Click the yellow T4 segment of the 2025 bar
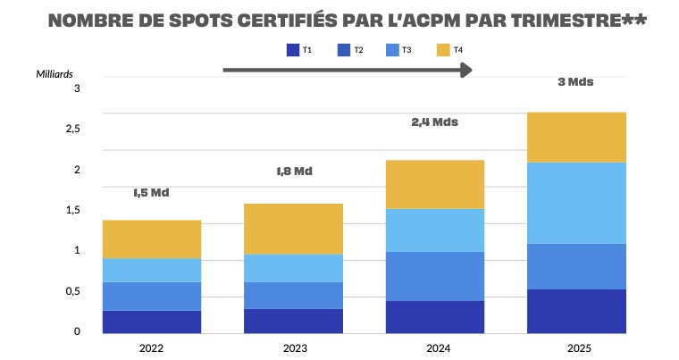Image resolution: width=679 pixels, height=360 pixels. (575, 137)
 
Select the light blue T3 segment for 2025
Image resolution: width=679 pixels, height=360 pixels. (575, 203)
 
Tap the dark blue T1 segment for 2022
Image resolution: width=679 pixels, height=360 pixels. (152, 322)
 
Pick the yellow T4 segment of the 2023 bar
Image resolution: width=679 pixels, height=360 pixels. (293, 229)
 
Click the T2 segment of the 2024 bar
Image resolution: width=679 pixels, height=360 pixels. (434, 276)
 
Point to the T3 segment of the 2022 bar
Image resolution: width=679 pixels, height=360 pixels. (152, 270)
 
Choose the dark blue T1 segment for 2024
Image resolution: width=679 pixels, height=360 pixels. (434, 316)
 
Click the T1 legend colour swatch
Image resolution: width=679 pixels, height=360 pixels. (292, 50)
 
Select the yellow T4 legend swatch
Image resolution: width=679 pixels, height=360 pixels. (443, 50)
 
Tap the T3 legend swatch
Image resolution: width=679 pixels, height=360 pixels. (392, 50)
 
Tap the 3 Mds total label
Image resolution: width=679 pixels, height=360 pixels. (575, 81)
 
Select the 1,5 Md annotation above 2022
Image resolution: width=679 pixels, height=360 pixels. (151, 192)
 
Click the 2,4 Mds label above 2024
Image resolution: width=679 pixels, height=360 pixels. (434, 121)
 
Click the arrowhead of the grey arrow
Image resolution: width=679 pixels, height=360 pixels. (465, 70)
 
